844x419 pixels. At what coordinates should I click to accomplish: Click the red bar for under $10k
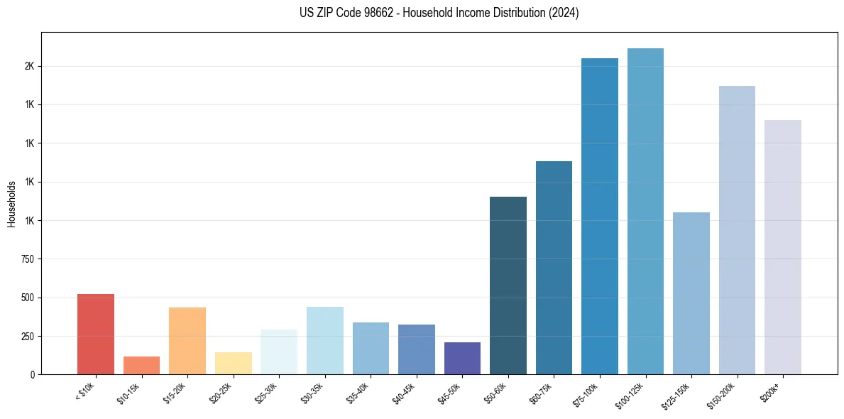(95, 334)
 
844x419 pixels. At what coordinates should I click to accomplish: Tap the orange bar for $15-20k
(187, 341)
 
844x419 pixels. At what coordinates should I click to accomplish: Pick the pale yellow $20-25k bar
(233, 363)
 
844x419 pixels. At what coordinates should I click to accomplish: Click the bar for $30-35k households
(324, 340)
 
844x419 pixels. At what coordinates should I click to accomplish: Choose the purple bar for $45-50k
(462, 358)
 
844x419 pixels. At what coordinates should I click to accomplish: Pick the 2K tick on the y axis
(30, 66)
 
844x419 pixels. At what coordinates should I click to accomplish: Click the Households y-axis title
(11, 204)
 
